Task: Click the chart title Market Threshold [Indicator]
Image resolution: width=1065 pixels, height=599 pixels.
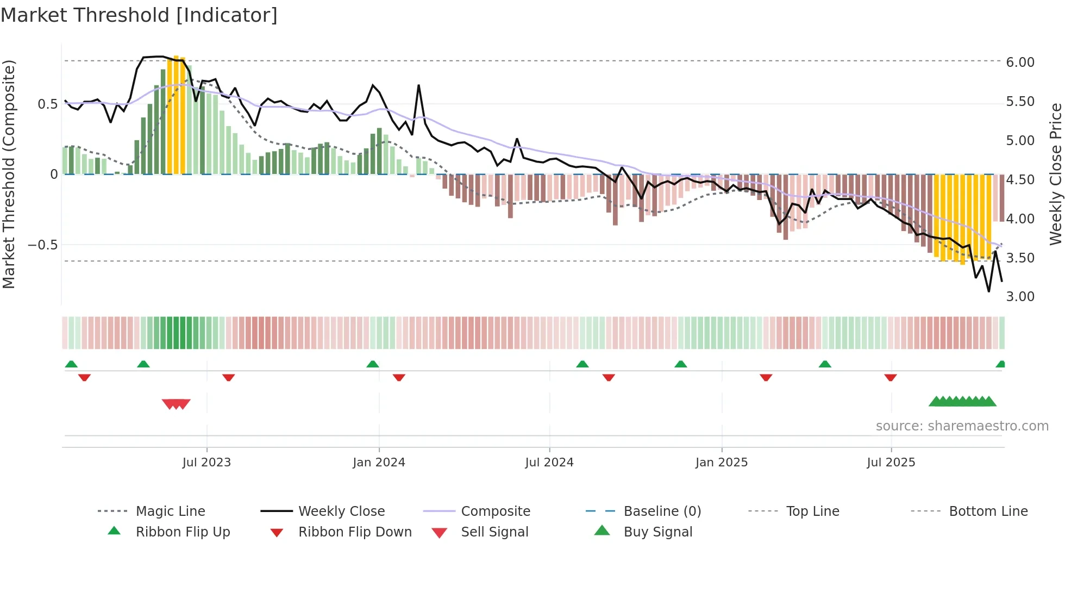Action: tap(139, 15)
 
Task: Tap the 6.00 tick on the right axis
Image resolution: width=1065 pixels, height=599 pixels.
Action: tap(1020, 63)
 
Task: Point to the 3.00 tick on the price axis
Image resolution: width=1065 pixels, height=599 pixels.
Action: tap(1020, 297)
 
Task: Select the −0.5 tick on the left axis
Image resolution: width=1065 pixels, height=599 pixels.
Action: tap(42, 245)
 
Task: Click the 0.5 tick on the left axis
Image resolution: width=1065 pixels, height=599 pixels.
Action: tap(47, 104)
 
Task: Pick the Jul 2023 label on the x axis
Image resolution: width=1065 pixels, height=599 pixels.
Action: tap(206, 463)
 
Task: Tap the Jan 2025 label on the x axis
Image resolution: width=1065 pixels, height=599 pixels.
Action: tap(721, 463)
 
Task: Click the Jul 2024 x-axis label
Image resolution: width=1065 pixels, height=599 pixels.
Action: tap(549, 463)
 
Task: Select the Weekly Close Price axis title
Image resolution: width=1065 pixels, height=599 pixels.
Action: tap(1055, 174)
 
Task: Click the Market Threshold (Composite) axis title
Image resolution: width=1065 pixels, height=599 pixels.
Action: tap(9, 174)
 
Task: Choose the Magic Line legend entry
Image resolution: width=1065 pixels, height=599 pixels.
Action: tap(170, 511)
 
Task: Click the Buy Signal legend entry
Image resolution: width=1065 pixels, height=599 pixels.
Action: tap(657, 532)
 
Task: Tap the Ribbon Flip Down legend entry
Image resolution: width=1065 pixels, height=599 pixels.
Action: tap(355, 532)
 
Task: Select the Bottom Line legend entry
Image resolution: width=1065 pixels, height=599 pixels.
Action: tap(988, 511)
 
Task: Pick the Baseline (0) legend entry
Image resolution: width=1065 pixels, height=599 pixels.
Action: tap(662, 511)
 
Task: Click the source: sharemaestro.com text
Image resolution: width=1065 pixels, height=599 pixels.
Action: tap(962, 426)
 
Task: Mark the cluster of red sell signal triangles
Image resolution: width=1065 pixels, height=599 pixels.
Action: tap(176, 404)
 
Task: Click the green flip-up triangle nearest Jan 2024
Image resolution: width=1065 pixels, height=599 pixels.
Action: tap(373, 364)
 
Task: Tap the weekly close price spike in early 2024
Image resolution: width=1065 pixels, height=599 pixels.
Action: tap(418, 85)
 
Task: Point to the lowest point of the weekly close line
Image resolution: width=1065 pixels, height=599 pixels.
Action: tap(989, 291)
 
